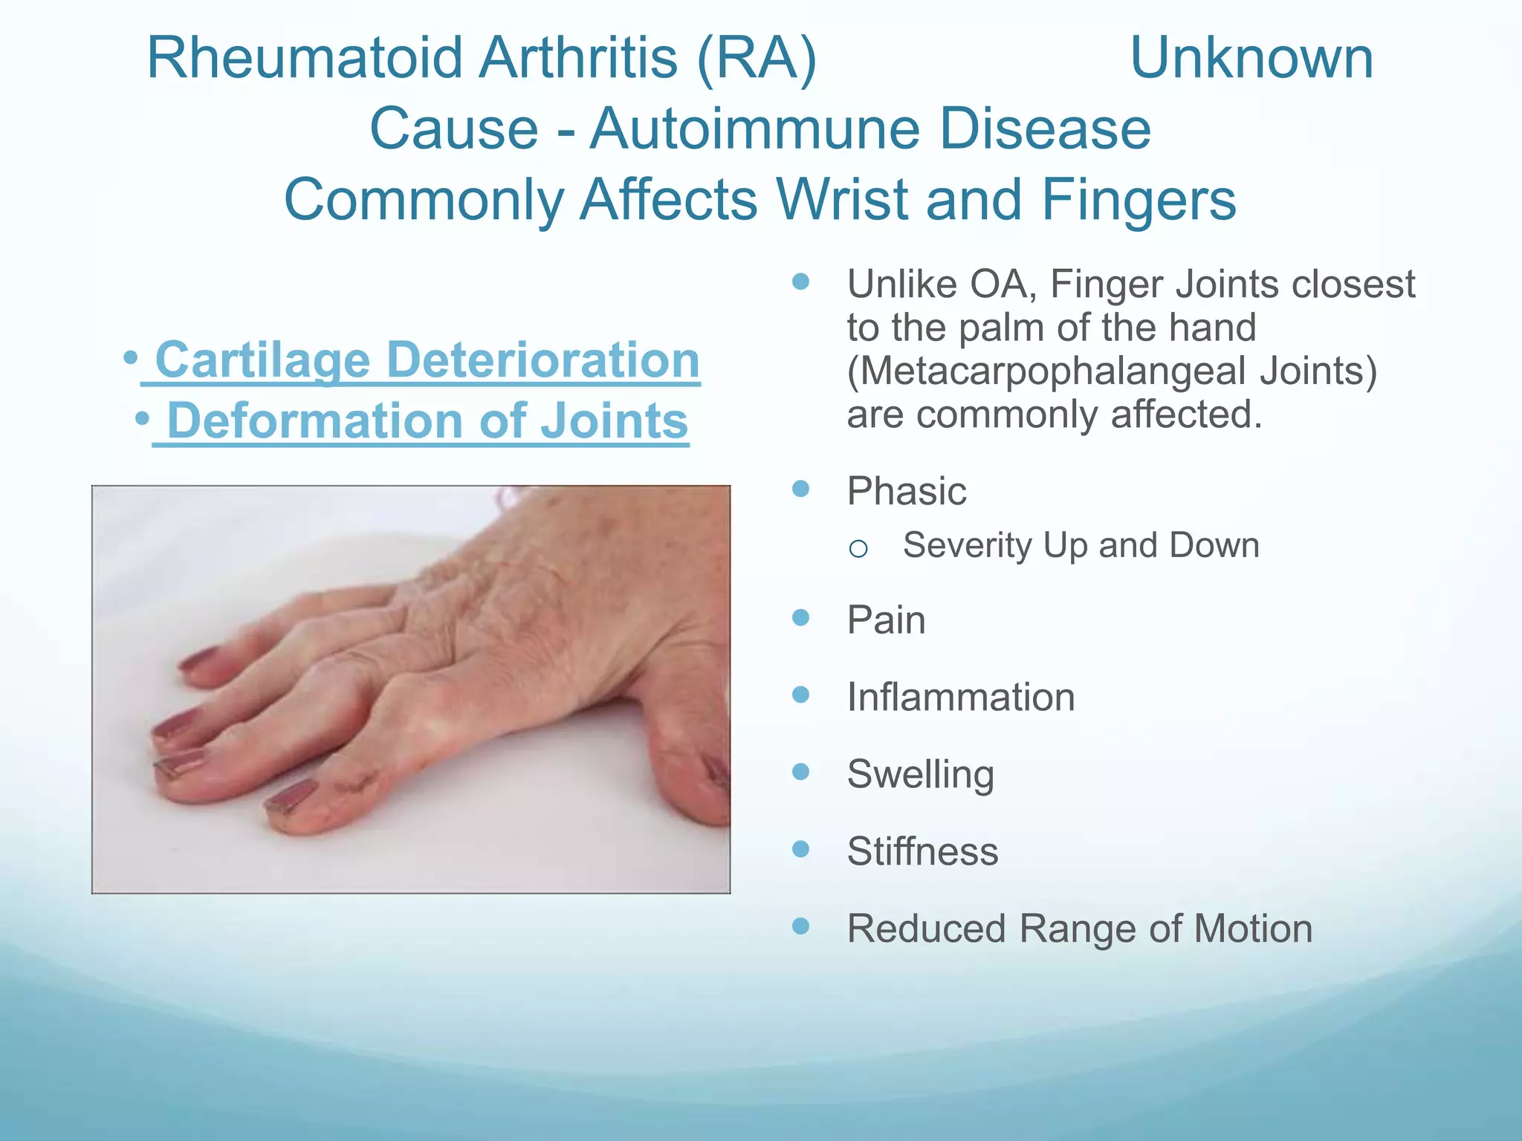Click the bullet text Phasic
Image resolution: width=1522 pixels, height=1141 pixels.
(907, 491)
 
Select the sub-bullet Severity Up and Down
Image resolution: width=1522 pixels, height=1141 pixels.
(1081, 545)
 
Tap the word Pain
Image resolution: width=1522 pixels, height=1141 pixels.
(886, 620)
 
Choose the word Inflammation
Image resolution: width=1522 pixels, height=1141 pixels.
(961, 697)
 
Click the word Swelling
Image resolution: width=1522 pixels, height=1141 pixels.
(920, 774)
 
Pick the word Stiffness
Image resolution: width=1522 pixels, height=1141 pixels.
(922, 851)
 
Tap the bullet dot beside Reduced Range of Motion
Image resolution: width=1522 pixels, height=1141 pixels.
(800, 926)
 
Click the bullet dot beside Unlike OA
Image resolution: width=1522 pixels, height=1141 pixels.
(800, 282)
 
